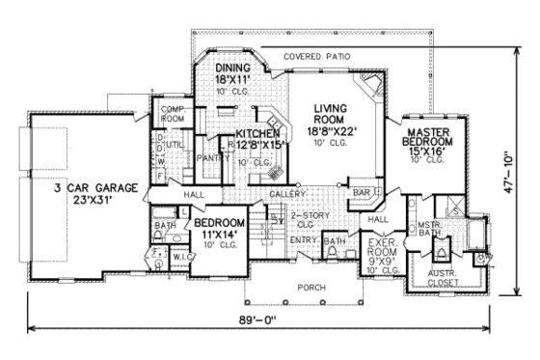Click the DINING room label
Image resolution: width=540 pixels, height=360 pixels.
(x=232, y=69)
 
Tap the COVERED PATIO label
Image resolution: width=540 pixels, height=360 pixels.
(x=317, y=57)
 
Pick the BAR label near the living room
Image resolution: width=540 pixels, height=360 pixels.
(x=361, y=193)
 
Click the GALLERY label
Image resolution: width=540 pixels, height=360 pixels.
(x=286, y=194)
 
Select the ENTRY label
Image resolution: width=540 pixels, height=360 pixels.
(x=303, y=240)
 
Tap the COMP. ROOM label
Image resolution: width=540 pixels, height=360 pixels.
(x=173, y=114)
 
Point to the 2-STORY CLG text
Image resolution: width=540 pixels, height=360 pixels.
(x=306, y=219)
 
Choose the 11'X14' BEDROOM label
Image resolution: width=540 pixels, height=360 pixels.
(x=222, y=228)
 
